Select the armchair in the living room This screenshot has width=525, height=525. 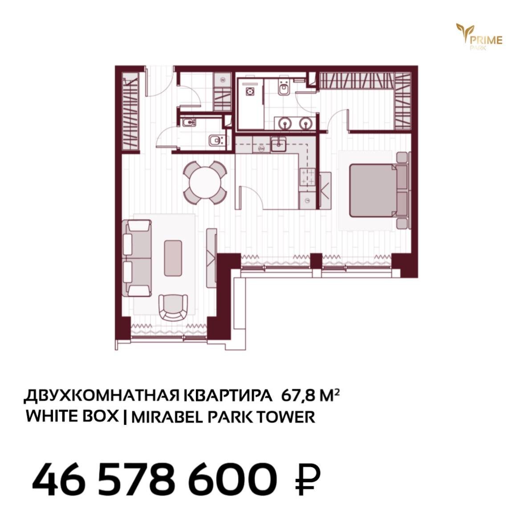(173, 307)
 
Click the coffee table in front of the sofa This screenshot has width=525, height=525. (173, 258)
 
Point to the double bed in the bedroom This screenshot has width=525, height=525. (378, 190)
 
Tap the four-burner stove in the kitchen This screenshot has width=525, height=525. (307, 176)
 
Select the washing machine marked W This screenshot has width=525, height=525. (223, 80)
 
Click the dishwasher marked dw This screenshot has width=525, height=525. (261, 147)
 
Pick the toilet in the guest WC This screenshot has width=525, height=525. (216, 140)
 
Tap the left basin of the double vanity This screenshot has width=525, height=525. (285, 123)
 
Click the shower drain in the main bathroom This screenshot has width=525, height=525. (250, 91)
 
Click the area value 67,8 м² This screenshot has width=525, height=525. (310, 396)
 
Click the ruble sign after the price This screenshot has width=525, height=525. (308, 479)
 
